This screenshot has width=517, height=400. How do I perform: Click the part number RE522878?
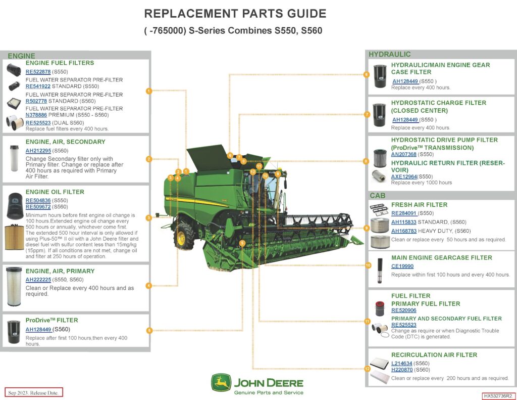pyautogui.click(x=38, y=72)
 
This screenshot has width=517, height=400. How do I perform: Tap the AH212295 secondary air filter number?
pyautogui.click(x=38, y=151)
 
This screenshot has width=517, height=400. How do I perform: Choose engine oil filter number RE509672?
pyautogui.click(x=38, y=207)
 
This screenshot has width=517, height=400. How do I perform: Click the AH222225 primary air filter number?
pyautogui.click(x=38, y=280)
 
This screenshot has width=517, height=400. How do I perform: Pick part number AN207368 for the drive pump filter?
pyautogui.click(x=404, y=154)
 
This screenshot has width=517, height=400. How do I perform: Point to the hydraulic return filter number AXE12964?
pyautogui.click(x=404, y=176)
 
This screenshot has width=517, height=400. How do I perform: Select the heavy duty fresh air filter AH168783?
pyautogui.click(x=404, y=231)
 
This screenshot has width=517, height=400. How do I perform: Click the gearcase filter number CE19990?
pyautogui.click(x=402, y=266)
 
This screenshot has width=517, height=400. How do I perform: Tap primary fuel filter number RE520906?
pyautogui.click(x=404, y=310)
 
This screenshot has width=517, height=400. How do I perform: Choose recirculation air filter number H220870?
pyautogui.click(x=402, y=370)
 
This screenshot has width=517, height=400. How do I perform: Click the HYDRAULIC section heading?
pyautogui.click(x=389, y=54)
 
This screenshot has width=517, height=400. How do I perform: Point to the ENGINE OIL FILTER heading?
pyautogui.click(x=55, y=192)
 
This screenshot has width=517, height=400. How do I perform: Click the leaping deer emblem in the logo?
pyautogui.click(x=221, y=383)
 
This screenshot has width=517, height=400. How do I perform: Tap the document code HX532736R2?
pyautogui.click(x=497, y=396)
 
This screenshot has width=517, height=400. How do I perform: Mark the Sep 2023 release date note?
pyautogui.click(x=34, y=392)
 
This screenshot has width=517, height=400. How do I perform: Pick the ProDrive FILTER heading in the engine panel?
pyautogui.click(x=52, y=320)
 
